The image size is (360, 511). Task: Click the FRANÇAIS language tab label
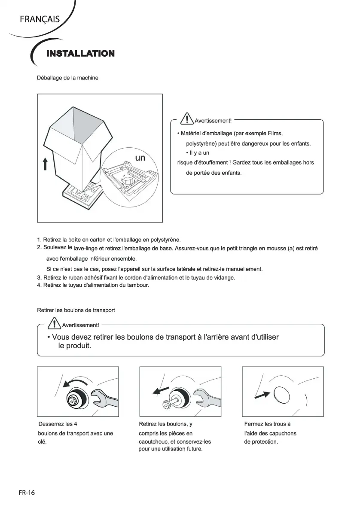click(39, 19)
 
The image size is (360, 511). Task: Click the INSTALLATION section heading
click(80, 54)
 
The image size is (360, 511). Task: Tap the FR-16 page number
click(27, 493)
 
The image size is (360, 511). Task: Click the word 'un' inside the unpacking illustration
click(140, 158)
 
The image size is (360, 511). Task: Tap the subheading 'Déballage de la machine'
click(68, 78)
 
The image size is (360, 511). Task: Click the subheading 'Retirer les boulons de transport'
click(76, 310)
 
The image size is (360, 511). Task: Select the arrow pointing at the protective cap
click(262, 395)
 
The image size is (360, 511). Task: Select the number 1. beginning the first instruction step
click(39, 239)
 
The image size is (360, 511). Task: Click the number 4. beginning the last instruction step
click(39, 285)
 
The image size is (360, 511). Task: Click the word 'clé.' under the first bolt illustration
click(43, 441)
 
